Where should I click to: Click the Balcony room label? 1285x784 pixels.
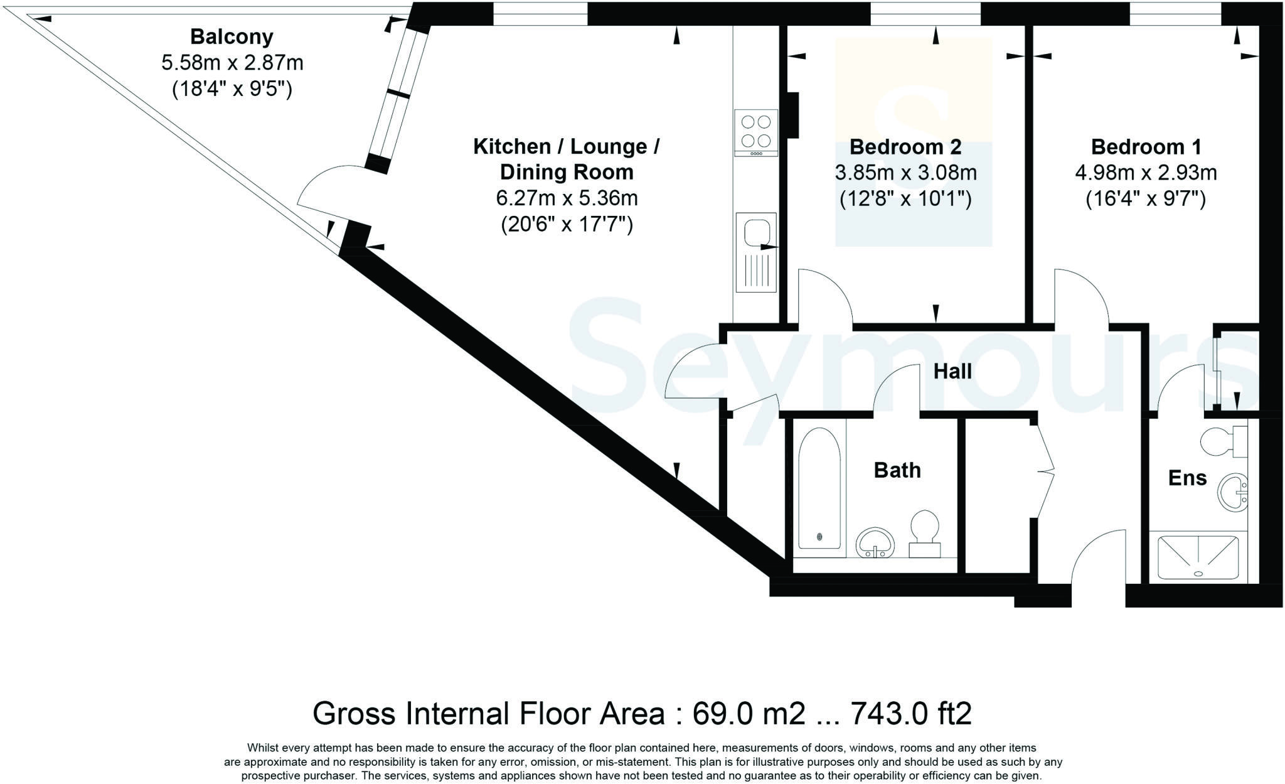pyautogui.click(x=232, y=37)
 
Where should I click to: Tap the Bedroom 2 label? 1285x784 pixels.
pyautogui.click(x=905, y=147)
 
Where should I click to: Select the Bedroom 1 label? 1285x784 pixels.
pyautogui.click(x=1146, y=147)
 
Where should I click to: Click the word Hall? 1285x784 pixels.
pyautogui.click(x=952, y=371)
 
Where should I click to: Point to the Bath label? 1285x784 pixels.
pyautogui.click(x=897, y=470)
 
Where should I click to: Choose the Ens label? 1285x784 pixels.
pyautogui.click(x=1187, y=478)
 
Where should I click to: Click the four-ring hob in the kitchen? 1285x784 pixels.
pyautogui.click(x=756, y=133)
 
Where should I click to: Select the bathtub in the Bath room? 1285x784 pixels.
pyautogui.click(x=819, y=488)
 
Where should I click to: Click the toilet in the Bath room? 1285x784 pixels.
pyautogui.click(x=925, y=534)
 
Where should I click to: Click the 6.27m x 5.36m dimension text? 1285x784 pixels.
pyautogui.click(x=567, y=198)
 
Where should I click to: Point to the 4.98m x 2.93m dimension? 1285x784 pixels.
pyautogui.click(x=1146, y=173)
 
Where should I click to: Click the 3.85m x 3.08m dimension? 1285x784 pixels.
pyautogui.click(x=905, y=173)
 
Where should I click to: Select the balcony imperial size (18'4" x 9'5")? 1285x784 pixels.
pyautogui.click(x=232, y=89)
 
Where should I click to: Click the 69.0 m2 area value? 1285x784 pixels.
pyautogui.click(x=748, y=714)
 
